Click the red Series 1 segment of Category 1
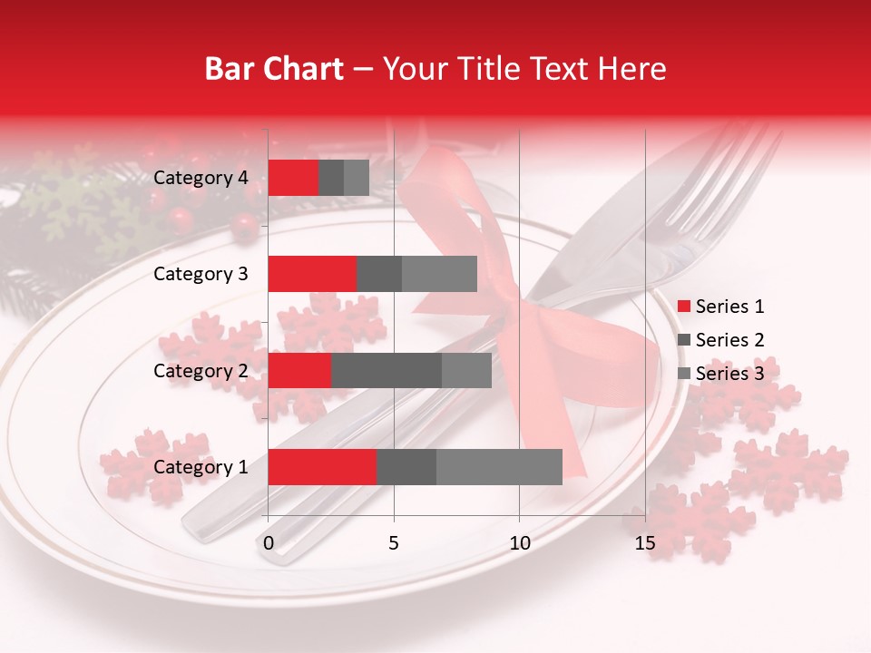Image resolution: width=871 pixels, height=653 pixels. click(x=322, y=467)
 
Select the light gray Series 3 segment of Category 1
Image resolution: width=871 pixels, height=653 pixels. click(x=499, y=467)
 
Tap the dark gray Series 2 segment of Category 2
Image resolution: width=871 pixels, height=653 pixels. click(x=387, y=370)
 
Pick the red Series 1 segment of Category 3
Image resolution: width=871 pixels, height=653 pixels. click(x=312, y=274)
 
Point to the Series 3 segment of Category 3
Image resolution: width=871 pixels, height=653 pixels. click(x=439, y=274)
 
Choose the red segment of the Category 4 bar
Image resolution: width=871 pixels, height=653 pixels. click(x=293, y=178)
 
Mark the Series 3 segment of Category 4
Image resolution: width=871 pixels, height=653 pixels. click(x=357, y=178)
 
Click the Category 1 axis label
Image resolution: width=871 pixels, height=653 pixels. click(x=201, y=467)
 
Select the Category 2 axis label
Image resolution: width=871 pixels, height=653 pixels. click(x=201, y=370)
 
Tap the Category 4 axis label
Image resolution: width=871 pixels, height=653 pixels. click(x=201, y=178)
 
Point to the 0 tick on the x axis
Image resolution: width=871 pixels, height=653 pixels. click(x=269, y=544)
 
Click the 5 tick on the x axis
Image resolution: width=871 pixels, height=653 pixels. click(x=394, y=544)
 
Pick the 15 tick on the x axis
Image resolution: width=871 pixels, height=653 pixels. click(x=645, y=544)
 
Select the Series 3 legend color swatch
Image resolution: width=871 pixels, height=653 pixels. click(x=683, y=374)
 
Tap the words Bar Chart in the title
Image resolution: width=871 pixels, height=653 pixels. click(x=274, y=69)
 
